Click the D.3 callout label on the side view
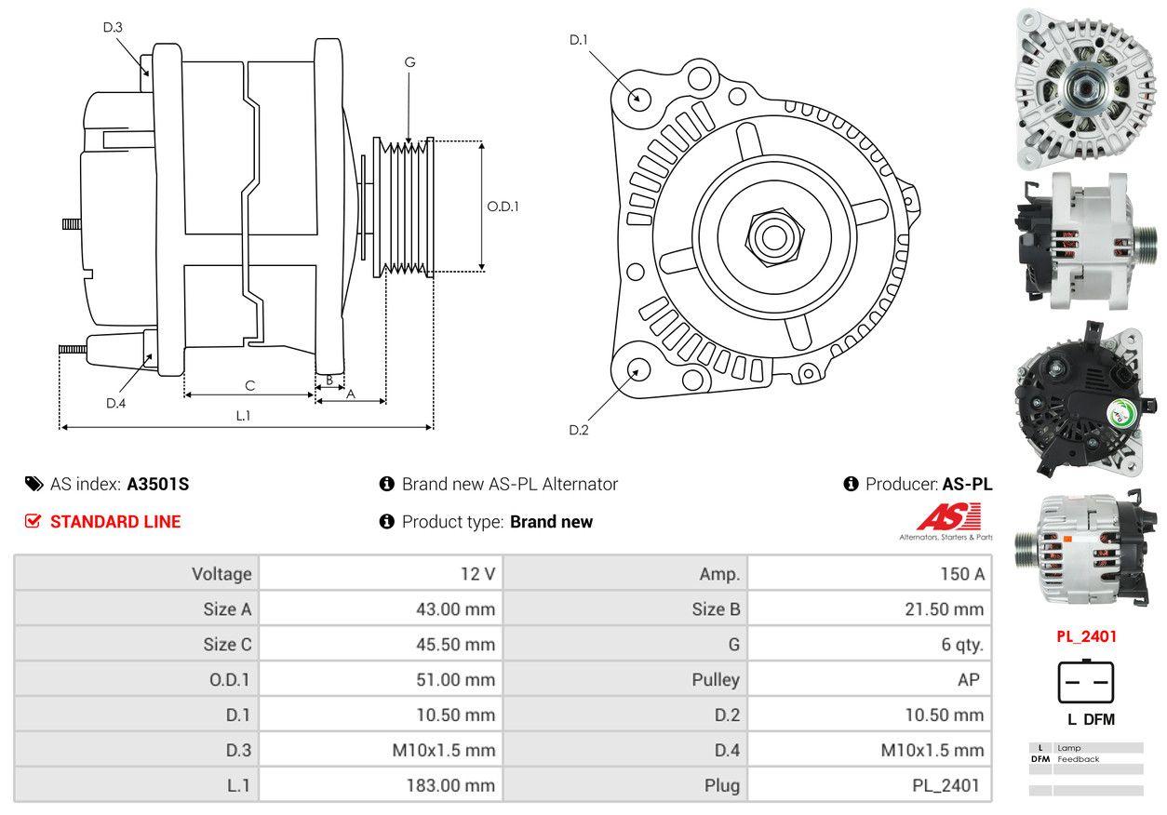coord(113,27)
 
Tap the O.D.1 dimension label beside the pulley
coord(503,207)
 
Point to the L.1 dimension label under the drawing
coord(243,416)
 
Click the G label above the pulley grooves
coord(409,62)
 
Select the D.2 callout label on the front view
coord(579,430)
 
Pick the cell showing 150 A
coord(961,574)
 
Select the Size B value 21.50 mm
coord(943,609)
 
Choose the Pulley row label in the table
coord(717,679)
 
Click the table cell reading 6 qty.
coord(962,644)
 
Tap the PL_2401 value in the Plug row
coord(946,785)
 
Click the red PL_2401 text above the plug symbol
coord(1086,637)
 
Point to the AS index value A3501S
coord(158,484)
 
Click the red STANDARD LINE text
coord(115,522)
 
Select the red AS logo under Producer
coord(948,516)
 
